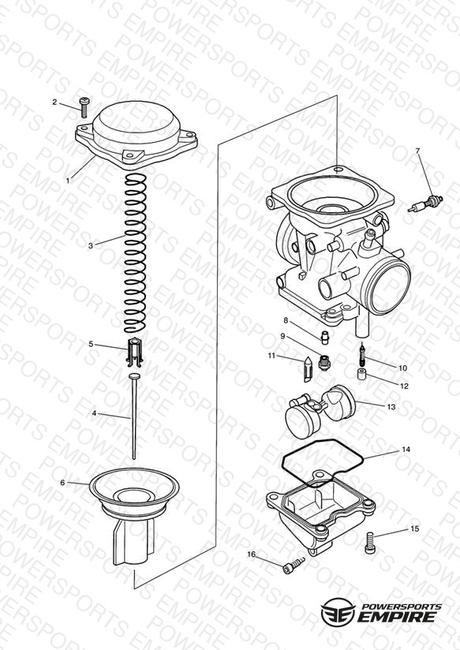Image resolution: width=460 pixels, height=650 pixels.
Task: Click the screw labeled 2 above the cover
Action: coord(84,107)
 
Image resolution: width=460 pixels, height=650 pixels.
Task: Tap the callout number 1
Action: coord(68,181)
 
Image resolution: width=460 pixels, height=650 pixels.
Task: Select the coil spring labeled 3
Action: coord(136,253)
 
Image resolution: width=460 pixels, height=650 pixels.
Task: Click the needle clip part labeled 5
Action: coord(135,353)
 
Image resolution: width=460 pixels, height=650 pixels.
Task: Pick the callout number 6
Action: coord(62,483)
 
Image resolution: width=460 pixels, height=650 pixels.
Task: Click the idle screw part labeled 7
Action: coord(425,204)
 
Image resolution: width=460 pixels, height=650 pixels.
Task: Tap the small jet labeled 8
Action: coord(326,337)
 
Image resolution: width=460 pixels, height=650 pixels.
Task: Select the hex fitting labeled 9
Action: coord(323,363)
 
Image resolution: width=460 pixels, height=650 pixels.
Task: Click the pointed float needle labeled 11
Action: coord(309,369)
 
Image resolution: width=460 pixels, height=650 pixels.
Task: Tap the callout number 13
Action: coord(391,407)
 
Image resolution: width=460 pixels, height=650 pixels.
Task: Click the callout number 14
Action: coord(406,450)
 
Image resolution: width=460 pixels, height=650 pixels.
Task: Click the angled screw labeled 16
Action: coord(294,566)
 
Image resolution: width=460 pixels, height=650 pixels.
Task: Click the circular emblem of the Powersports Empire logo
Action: coord(338,611)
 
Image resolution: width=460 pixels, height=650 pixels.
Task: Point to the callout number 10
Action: coord(402,368)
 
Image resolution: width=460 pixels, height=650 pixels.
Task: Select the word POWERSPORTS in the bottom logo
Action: coord(402,607)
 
